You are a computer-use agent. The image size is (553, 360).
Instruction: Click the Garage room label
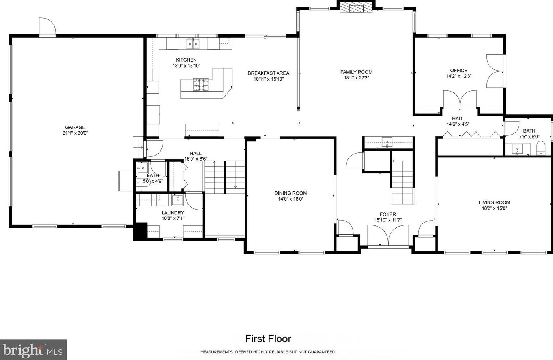click(75, 127)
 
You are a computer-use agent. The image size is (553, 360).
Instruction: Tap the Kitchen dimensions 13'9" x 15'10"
click(186, 66)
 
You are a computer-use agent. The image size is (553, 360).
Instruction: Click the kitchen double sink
click(193, 43)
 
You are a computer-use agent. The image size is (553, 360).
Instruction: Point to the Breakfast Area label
click(268, 73)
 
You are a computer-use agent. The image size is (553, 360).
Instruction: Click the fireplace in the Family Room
click(356, 8)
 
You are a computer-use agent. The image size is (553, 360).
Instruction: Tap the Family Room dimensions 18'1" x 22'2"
click(356, 78)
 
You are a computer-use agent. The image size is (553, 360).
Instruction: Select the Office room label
click(459, 71)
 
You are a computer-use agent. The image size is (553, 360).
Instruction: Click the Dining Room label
click(291, 193)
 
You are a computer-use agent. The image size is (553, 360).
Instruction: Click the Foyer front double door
click(388, 236)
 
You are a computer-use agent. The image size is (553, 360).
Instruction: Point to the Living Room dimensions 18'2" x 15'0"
click(494, 208)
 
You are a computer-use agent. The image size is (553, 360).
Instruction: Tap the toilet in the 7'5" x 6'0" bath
click(541, 149)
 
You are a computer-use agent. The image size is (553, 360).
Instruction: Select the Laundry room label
click(173, 212)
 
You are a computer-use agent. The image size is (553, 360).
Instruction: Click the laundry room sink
click(177, 201)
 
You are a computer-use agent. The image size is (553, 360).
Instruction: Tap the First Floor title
click(268, 339)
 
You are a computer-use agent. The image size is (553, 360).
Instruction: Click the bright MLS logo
click(33, 350)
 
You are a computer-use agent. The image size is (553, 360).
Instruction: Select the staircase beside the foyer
click(402, 182)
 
